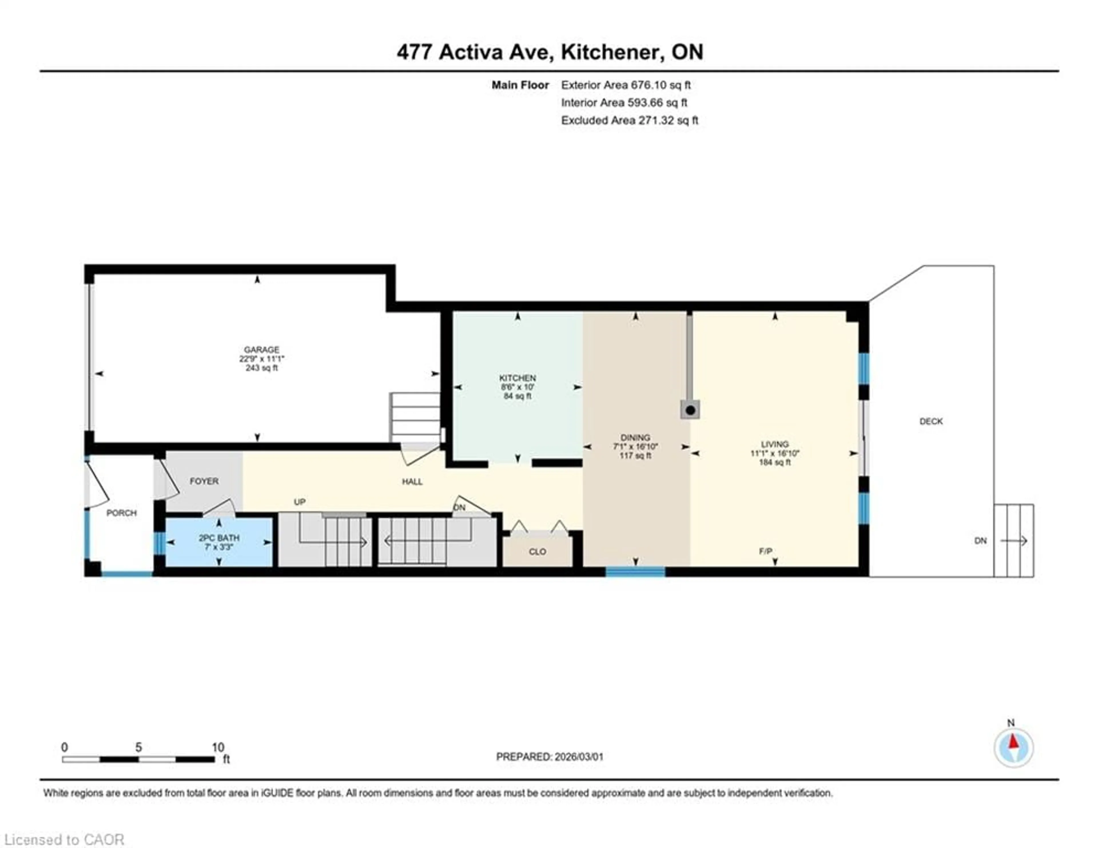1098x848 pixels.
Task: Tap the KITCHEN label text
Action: [517, 378]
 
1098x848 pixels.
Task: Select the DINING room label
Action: [635, 437]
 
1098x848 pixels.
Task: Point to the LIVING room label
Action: [774, 444]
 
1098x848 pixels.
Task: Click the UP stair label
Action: [300, 502]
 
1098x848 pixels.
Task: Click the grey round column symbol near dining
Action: [691, 410]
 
